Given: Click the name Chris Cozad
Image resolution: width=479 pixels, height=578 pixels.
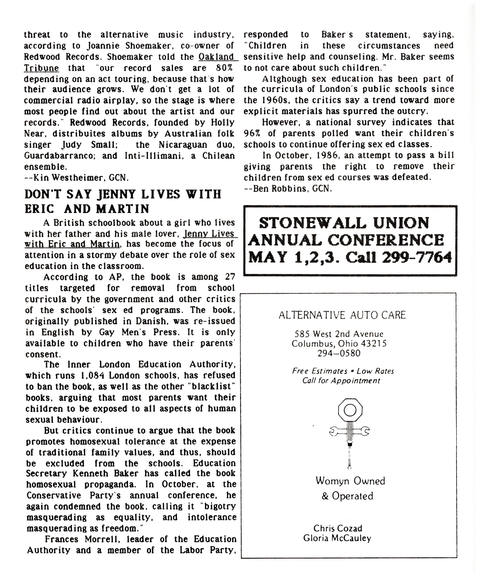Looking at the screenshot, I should [x=338, y=528].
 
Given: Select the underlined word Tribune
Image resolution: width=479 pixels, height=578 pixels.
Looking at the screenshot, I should [x=41, y=68].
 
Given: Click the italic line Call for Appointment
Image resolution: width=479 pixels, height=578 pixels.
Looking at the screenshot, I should [x=341, y=381].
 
